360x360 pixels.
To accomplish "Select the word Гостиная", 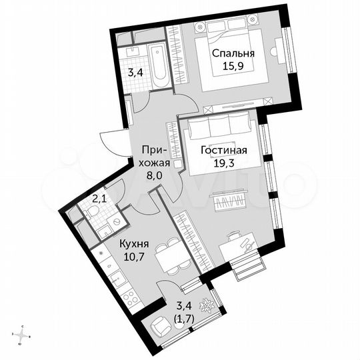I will click(224, 150).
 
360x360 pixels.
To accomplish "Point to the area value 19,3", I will click(224, 163).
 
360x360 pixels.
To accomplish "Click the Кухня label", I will click(135, 244).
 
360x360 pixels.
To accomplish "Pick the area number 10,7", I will click(135, 257).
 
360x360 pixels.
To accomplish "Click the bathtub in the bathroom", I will click(158, 67).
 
